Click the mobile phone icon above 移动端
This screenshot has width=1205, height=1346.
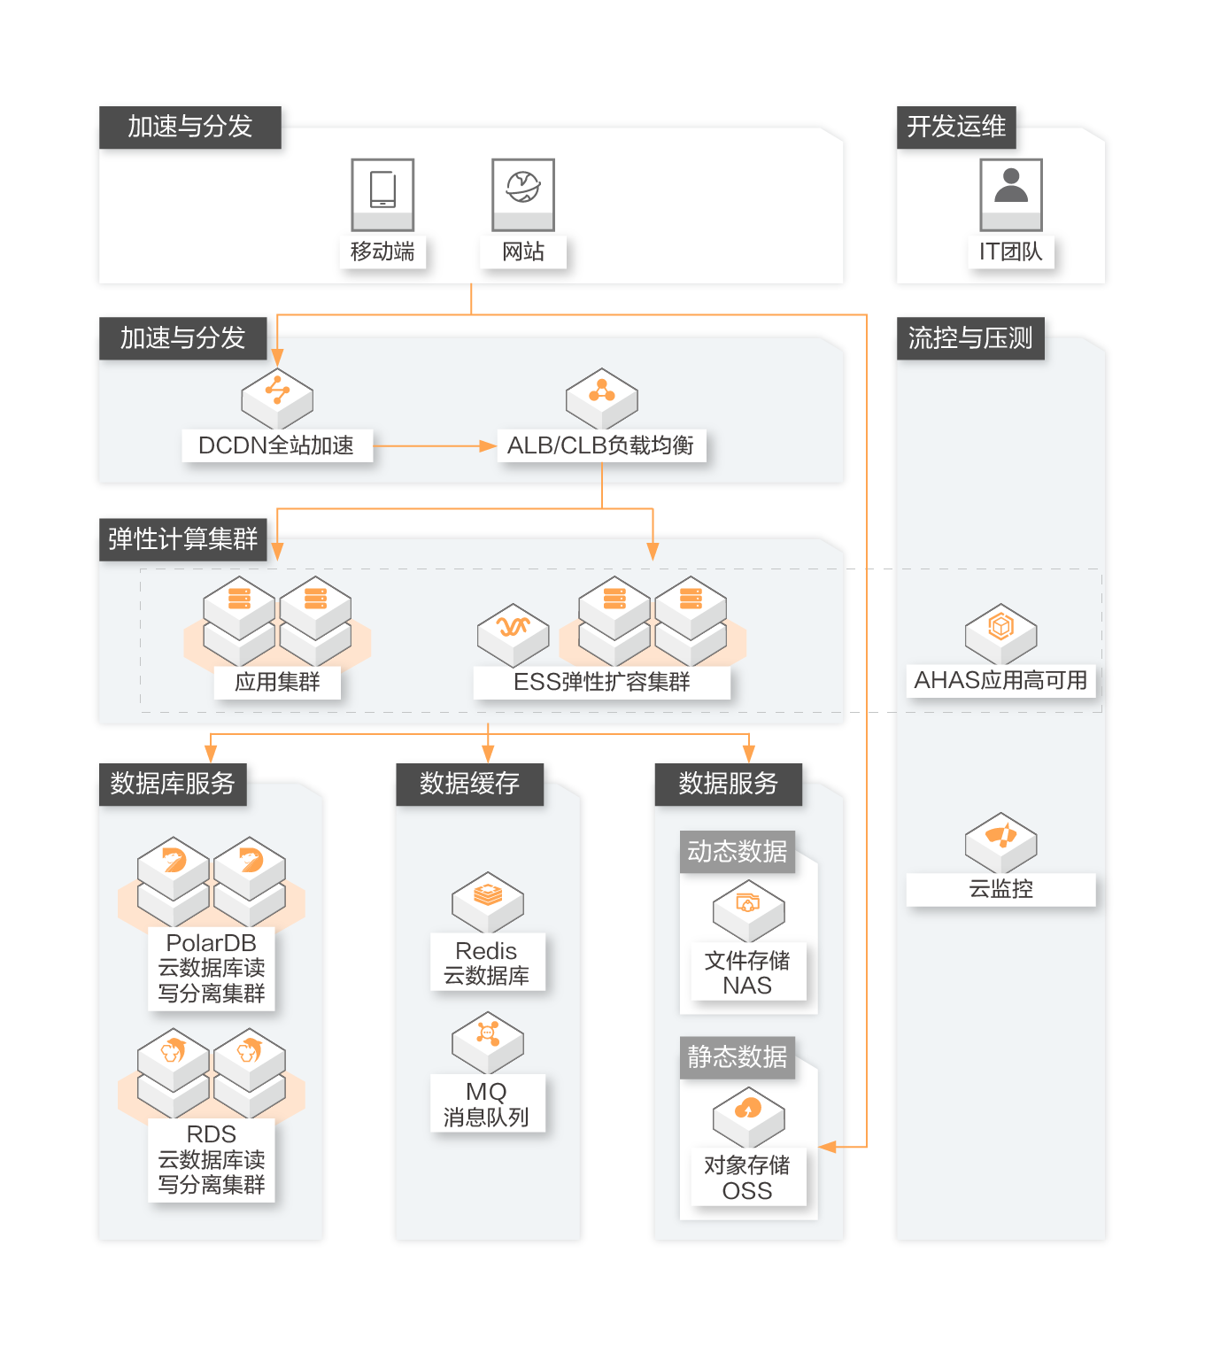382,190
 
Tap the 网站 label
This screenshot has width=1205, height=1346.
523,252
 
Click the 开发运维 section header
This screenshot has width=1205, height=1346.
956,127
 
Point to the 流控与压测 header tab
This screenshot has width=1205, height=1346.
970,338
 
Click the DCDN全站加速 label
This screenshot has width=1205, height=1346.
276,445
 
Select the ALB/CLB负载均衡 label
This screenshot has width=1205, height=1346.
601,445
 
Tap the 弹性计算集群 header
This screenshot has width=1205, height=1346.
182,538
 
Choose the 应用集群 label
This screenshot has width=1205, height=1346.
277,682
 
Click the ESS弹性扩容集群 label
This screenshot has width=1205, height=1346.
602,682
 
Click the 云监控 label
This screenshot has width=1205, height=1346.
1000,889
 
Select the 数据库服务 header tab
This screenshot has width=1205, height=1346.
173,784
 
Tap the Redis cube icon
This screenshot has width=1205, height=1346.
488,901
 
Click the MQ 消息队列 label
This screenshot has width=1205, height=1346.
486,1104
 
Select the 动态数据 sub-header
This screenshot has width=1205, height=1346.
737,852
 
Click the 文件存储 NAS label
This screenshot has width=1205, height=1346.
747,973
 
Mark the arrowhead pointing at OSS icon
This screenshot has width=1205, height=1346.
828,1147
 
